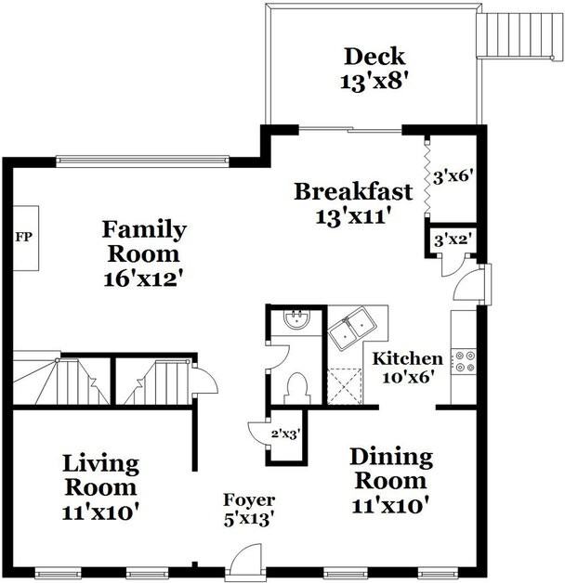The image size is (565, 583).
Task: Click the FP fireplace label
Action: point(24,237)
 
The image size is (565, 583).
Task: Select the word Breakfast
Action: point(353,192)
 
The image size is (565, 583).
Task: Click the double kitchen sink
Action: point(352,328)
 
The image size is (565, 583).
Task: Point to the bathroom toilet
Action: point(297,384)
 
